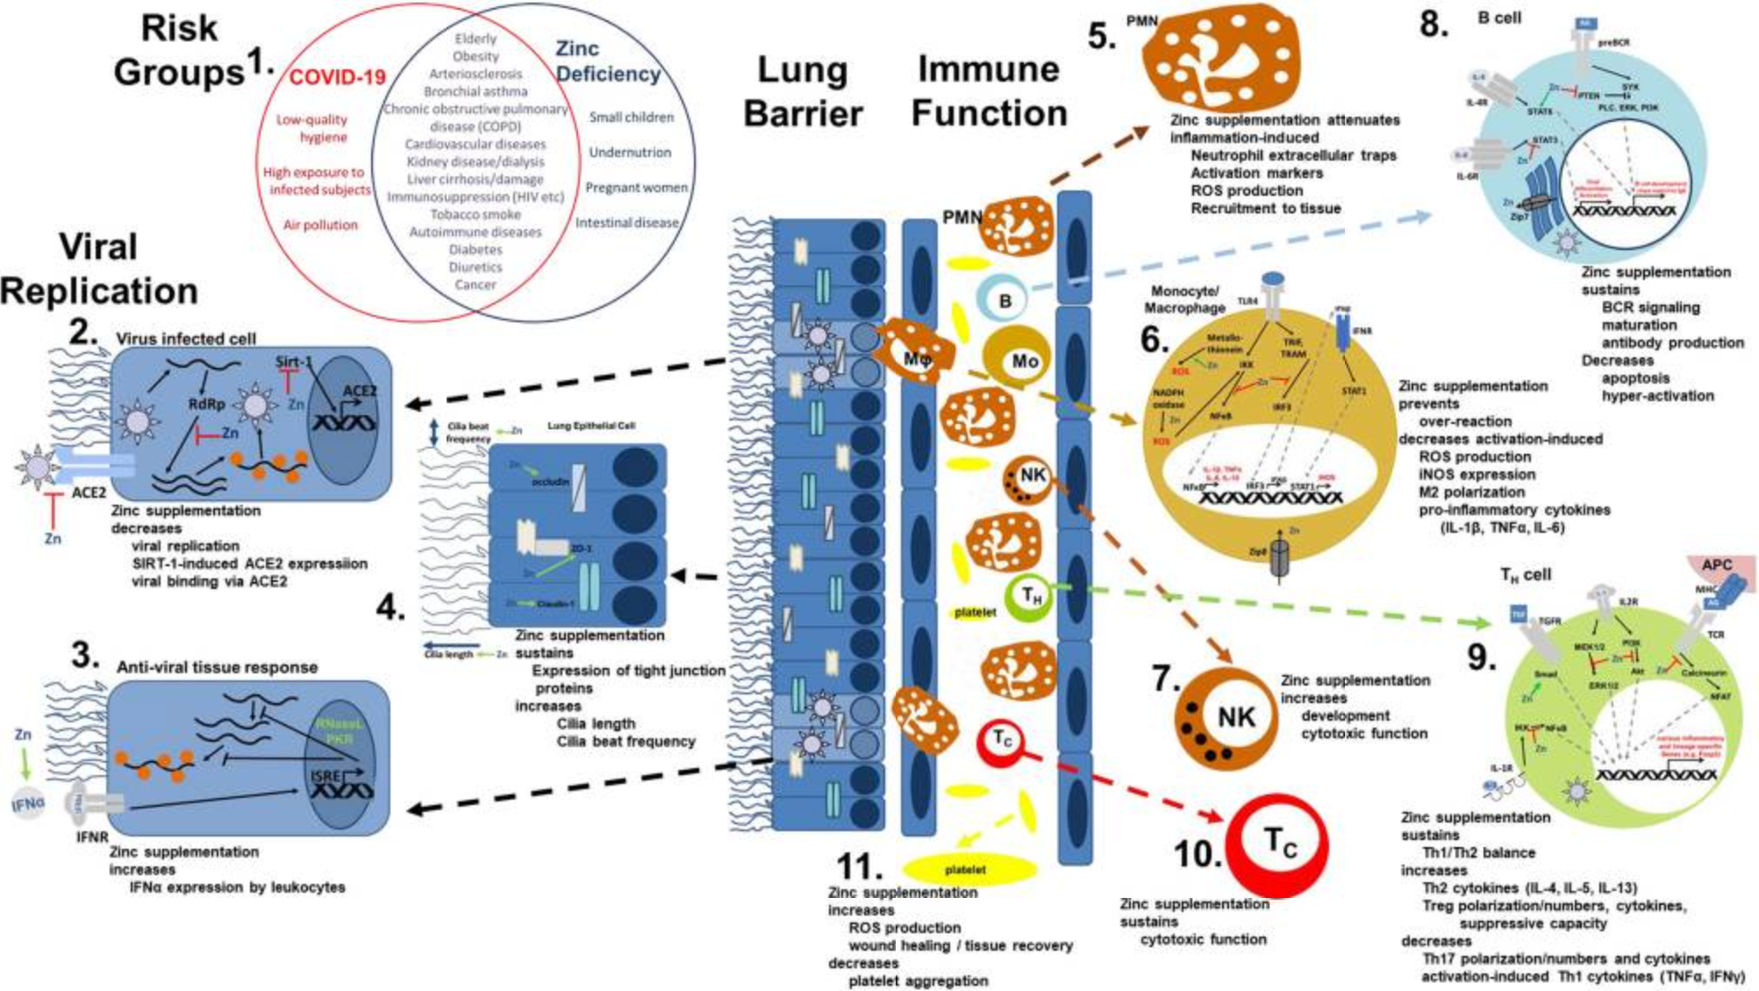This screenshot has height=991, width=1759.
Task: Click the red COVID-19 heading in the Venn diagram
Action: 337,77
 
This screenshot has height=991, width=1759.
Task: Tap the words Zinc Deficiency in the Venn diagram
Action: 607,61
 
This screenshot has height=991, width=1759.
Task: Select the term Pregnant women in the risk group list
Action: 636,187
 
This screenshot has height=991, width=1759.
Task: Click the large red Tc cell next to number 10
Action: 1276,844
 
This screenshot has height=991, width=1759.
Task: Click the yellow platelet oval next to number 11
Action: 965,869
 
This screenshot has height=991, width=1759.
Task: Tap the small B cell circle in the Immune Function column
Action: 1004,300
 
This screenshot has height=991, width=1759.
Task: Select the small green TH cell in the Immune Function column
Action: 1032,597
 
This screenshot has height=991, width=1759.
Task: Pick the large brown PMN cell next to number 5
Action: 1219,57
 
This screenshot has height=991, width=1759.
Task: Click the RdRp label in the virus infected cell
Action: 207,404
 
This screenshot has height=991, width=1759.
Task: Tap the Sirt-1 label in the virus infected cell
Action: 293,362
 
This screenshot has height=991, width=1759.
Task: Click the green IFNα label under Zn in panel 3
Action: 28,803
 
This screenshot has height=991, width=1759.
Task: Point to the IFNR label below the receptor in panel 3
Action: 91,837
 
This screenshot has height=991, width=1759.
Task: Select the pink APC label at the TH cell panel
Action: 1716,564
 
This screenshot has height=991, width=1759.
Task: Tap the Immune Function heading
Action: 989,90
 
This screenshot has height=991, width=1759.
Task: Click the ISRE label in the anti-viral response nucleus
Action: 325,776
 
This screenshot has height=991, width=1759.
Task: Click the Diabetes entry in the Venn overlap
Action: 476,249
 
